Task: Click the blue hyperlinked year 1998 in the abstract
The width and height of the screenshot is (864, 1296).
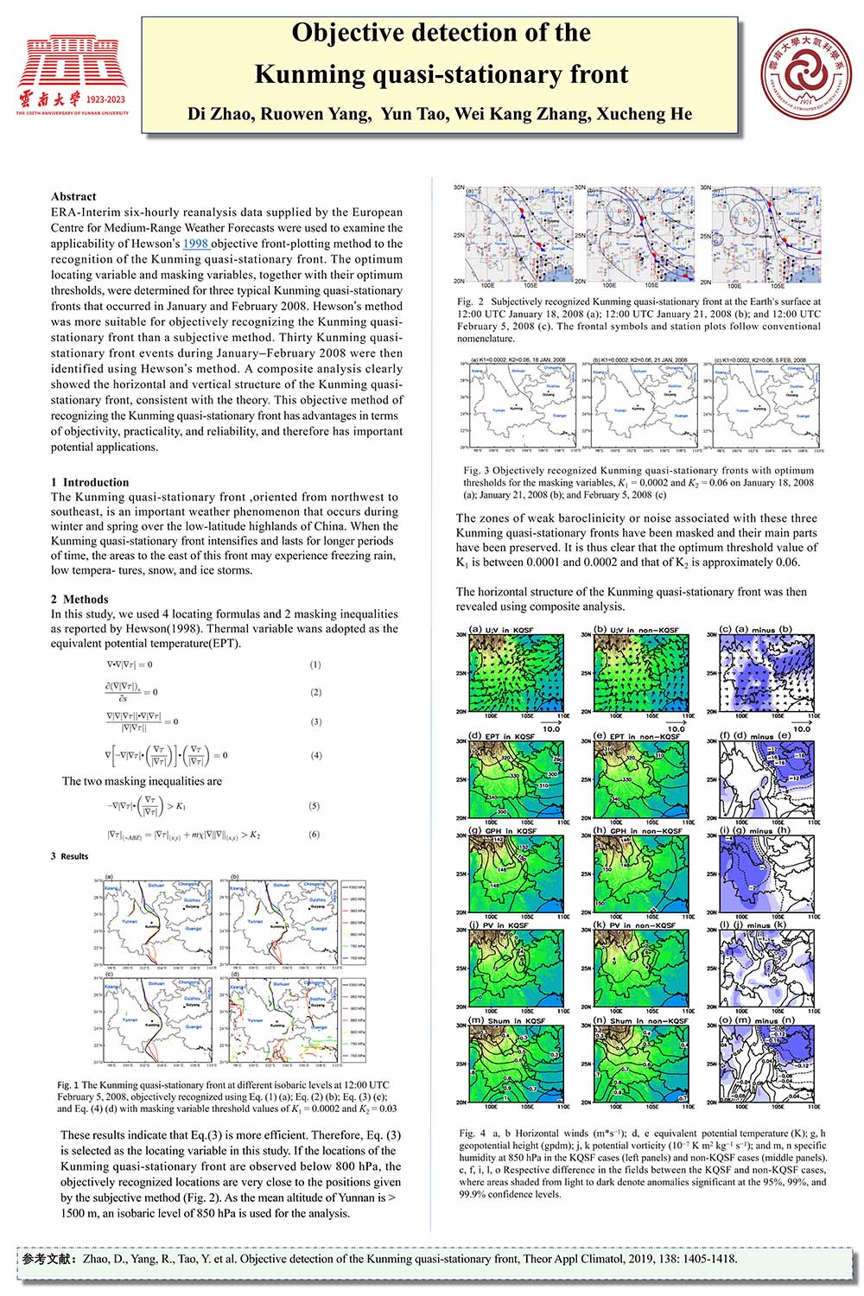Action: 195,244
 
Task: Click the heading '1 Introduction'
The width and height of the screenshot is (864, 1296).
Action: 90,482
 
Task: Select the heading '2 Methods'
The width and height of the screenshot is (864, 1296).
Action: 79,599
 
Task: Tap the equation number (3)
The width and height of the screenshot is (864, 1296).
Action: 316,721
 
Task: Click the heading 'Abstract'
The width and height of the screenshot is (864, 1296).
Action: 73,196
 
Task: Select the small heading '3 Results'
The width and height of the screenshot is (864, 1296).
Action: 70,856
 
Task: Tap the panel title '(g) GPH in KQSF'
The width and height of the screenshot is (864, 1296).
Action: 503,830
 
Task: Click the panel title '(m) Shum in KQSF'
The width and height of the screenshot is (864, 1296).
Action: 506,1020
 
